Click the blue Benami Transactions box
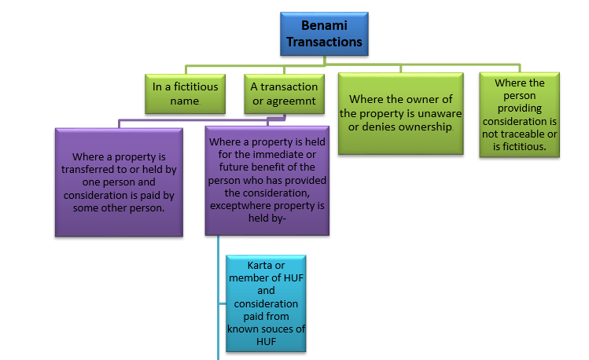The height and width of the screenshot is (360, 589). (324, 34)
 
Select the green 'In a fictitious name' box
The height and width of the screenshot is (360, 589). (185, 94)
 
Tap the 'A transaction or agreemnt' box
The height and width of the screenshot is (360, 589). (285, 94)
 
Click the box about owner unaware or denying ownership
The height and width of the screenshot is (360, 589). (401, 113)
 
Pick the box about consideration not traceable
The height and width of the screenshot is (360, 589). (520, 115)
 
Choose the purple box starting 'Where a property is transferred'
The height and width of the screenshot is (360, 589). (119, 182)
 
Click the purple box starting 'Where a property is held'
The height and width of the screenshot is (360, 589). (267, 181)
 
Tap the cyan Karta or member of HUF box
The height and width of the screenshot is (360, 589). (266, 303)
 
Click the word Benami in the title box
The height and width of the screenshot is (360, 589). (324, 25)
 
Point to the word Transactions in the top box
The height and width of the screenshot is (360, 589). (324, 42)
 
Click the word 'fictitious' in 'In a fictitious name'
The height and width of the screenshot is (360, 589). (196, 86)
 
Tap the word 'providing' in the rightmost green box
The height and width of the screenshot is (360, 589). (520, 108)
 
